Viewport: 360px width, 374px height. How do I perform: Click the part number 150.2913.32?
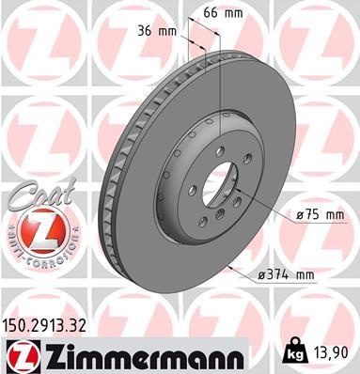[48, 326]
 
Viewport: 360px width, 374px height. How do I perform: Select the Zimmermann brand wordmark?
[138, 355]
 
